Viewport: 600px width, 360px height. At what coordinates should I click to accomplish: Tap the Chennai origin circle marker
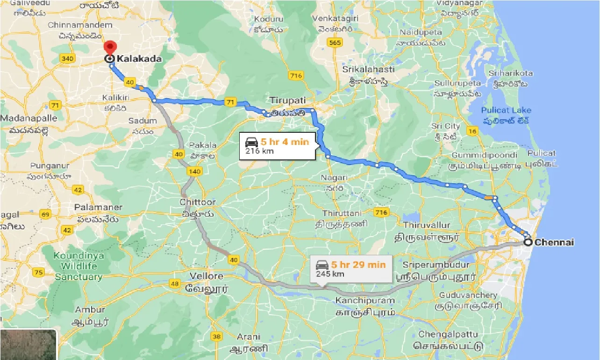tap(528, 242)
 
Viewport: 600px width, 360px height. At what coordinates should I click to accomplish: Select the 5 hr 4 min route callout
tap(278, 145)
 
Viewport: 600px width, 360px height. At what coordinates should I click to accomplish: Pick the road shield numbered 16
tap(472, 131)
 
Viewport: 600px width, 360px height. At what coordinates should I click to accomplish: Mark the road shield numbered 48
tap(175, 283)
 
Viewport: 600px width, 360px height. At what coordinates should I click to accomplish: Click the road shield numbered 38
tap(216, 336)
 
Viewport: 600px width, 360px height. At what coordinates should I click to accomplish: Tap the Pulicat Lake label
tap(507, 110)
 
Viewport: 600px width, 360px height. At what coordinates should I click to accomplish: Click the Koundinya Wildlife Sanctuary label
tap(79, 266)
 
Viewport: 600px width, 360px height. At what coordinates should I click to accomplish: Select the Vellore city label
tap(207, 276)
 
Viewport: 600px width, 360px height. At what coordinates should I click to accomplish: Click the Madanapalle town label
tap(29, 118)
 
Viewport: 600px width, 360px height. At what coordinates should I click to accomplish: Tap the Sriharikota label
tap(510, 73)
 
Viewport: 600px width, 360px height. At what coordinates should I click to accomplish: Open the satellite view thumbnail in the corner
tap(28, 345)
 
